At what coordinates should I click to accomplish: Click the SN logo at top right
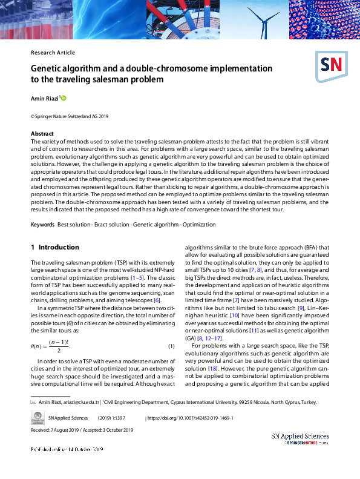(330, 64)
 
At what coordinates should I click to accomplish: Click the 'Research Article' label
(53, 53)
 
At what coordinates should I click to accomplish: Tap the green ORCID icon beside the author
(63, 97)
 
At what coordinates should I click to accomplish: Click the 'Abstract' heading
(42, 133)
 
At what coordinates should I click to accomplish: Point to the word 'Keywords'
(42, 225)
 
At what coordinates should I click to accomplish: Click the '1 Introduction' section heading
(54, 247)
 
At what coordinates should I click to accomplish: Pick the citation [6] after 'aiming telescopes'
(157, 300)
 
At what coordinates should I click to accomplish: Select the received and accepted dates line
(82, 430)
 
